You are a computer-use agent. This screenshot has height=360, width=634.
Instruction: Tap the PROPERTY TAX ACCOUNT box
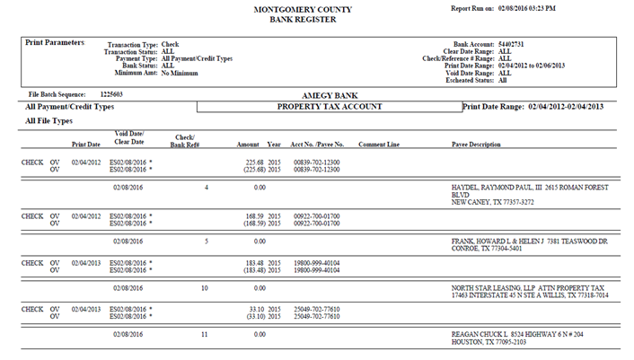(x=330, y=106)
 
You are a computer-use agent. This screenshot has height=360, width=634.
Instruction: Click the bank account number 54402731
(x=512, y=42)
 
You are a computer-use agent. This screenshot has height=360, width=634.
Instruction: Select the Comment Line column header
(x=378, y=144)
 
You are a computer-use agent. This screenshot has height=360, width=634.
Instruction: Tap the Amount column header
(x=248, y=144)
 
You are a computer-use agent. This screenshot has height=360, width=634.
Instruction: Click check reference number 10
(x=205, y=288)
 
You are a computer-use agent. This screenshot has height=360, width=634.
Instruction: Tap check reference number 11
(x=205, y=334)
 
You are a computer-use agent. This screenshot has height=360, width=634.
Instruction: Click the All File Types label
(x=49, y=120)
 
